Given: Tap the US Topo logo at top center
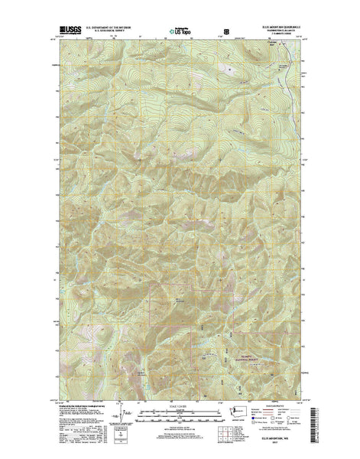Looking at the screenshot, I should pos(174,33).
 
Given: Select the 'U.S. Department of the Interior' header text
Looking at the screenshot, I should pos(112,27).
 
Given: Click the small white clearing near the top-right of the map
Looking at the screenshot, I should pos(228,69).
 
